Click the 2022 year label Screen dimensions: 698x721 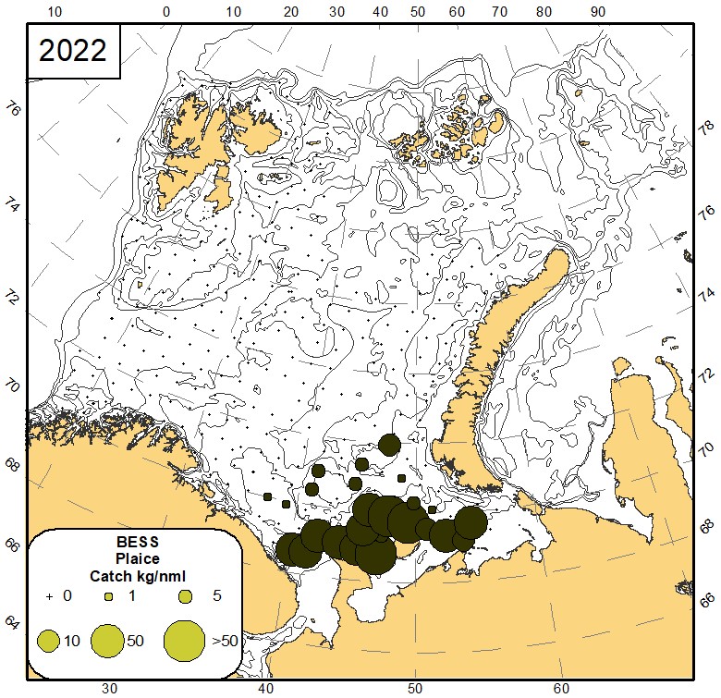click(73, 51)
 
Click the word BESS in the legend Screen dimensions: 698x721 click(136, 543)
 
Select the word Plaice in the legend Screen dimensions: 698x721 click(136, 558)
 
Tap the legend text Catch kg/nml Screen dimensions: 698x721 click(136, 575)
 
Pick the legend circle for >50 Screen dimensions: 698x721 click(184, 640)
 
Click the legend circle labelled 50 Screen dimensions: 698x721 click(109, 640)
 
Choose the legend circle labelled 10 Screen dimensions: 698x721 click(49, 640)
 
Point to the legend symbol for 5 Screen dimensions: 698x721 click(185, 596)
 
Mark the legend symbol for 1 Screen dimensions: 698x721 click(109, 596)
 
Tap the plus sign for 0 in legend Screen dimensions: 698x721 click(49, 596)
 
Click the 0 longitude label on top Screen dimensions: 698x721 click(166, 13)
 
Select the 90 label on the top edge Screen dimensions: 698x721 click(598, 13)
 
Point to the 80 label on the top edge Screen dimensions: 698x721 click(543, 13)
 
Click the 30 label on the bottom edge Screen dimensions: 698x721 click(109, 688)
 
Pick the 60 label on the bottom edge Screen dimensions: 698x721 click(561, 688)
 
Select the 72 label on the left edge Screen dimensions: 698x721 click(12, 298)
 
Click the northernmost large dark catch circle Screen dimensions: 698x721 click(389, 445)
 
